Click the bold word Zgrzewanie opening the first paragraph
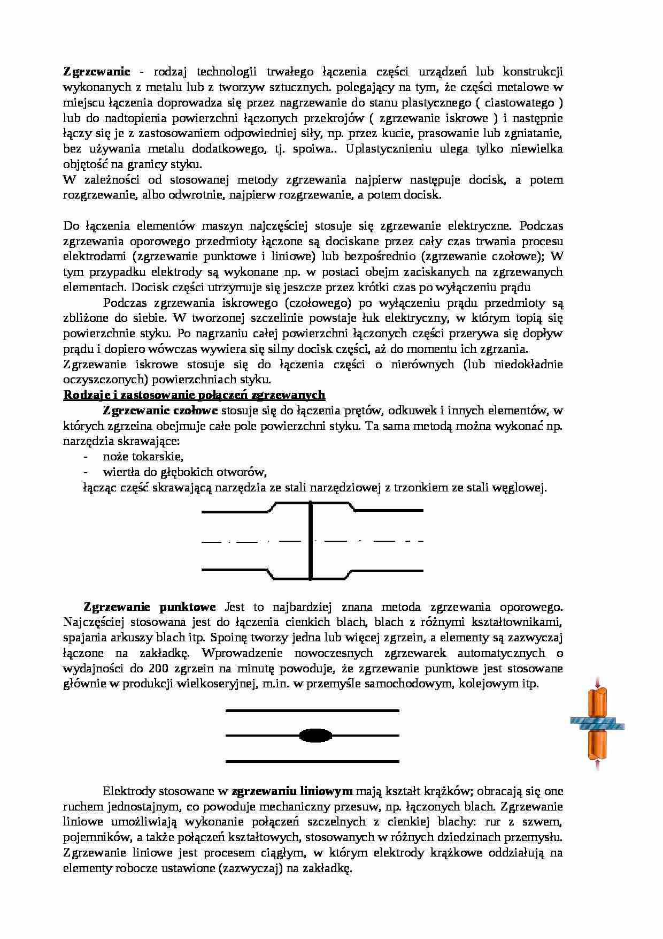(x=97, y=72)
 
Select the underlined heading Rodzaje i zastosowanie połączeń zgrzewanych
(x=194, y=395)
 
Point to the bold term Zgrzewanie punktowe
(x=149, y=607)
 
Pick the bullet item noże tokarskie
(x=143, y=457)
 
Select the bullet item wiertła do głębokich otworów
(x=184, y=472)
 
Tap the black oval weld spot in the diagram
(x=316, y=736)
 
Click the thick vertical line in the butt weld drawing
(x=311, y=541)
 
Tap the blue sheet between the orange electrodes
(x=597, y=724)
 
